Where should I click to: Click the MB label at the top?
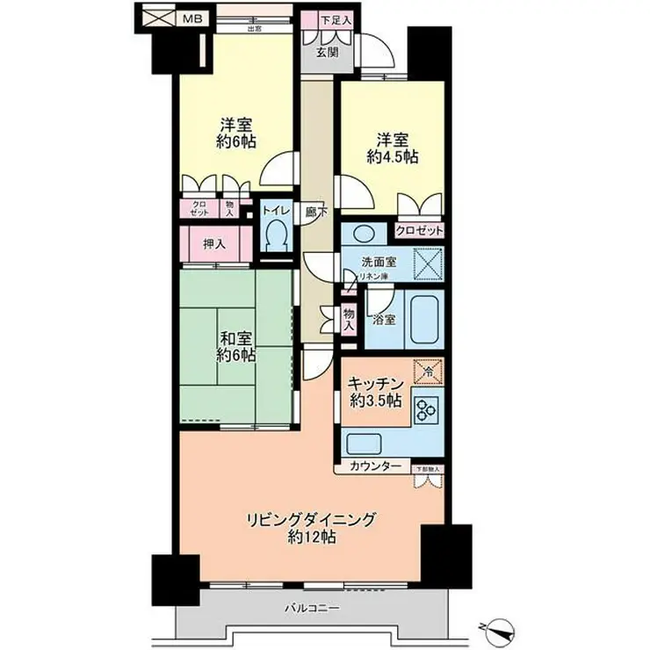pyautogui.click(x=190, y=16)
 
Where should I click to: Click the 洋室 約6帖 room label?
pyautogui.click(x=237, y=133)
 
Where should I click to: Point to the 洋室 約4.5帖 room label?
pyautogui.click(x=392, y=148)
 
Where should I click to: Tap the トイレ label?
pyautogui.click(x=275, y=211)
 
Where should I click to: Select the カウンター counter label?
pyautogui.click(x=374, y=466)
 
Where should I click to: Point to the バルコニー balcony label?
pyautogui.click(x=311, y=608)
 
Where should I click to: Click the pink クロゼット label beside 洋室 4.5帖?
pyautogui.click(x=418, y=230)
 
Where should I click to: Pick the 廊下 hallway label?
pyautogui.click(x=312, y=211)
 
